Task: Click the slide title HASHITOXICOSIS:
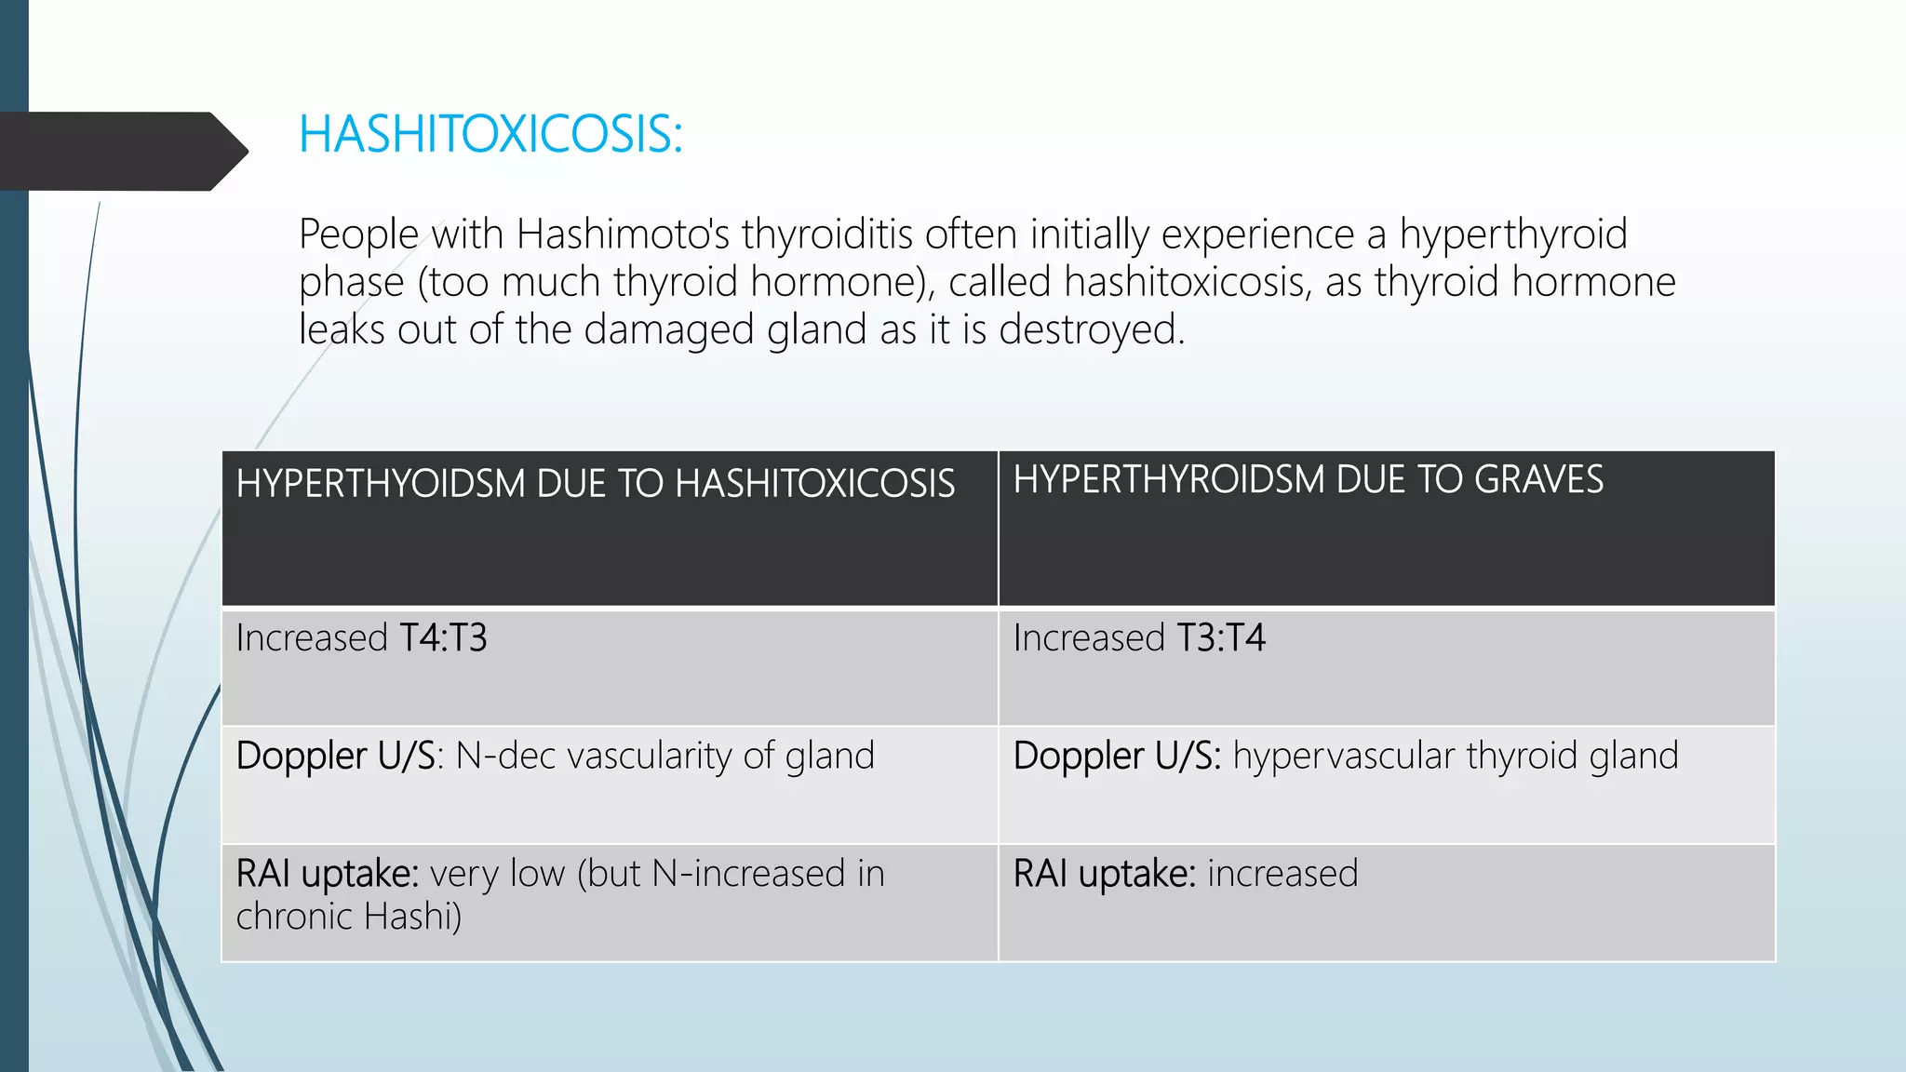[x=490, y=135]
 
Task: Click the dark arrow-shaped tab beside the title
[x=121, y=152]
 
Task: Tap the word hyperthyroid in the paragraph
[x=1513, y=234]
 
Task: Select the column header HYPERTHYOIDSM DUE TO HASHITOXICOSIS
[x=596, y=484]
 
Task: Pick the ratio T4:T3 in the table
[x=443, y=638]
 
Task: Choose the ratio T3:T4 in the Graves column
[x=1221, y=638]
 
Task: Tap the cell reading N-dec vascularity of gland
[x=664, y=756]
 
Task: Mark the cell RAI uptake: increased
[x=1185, y=874]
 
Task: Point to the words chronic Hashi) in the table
[x=349, y=917]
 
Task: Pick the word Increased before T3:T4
[x=1089, y=638]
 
